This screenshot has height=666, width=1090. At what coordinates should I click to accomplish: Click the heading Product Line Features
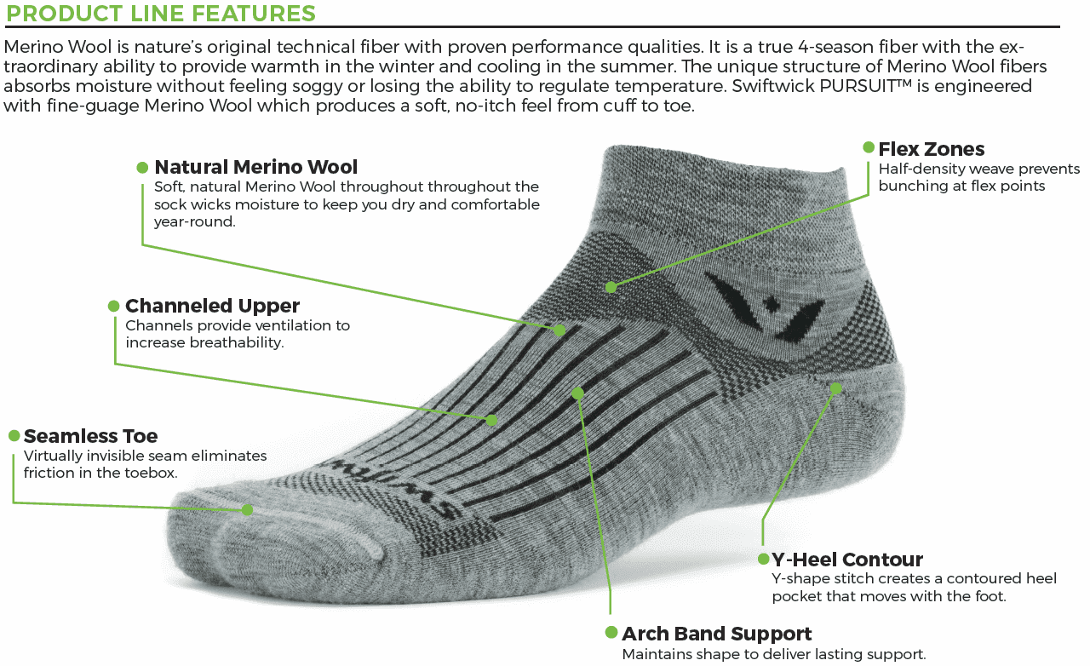coord(161,14)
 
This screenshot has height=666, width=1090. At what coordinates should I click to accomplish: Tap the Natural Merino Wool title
coord(255,167)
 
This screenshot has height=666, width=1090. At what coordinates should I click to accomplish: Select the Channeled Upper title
coord(212,306)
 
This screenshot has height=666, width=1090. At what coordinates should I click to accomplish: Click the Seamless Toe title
coord(90,437)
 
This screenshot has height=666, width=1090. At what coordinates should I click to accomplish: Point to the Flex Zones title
coord(931,149)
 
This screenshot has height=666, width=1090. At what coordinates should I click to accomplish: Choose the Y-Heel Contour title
coord(846,560)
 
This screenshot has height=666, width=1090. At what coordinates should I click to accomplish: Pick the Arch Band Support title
coord(716,634)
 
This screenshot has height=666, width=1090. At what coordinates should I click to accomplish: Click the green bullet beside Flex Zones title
coord(869,147)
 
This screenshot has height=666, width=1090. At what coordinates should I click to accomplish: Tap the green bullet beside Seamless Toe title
coord(14,435)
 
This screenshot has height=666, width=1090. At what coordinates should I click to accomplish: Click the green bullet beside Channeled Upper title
coord(114,305)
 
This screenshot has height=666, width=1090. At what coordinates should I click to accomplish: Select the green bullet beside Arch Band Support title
coord(611,632)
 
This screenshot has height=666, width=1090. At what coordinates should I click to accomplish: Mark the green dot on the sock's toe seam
coord(247,509)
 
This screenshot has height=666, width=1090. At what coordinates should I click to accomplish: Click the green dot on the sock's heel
coord(836,388)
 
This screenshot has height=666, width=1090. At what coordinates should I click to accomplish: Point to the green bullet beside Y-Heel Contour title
coord(763,559)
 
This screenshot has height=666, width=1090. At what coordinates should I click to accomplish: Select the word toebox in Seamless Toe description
coord(153,474)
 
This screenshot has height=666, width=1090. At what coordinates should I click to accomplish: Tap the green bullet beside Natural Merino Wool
coord(142,167)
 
